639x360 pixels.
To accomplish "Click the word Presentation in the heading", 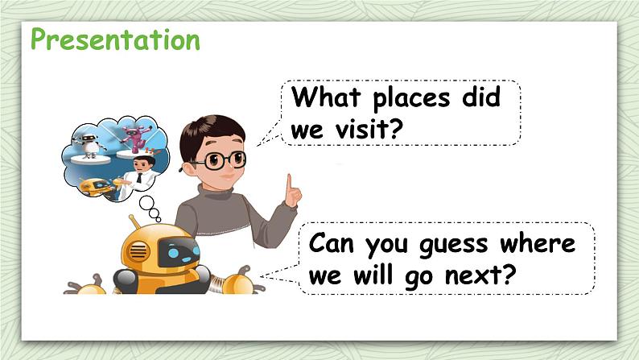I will click(x=114, y=39).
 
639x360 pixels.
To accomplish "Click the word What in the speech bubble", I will click(x=324, y=98).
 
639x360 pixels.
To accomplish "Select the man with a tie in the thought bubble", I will click(x=142, y=171).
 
